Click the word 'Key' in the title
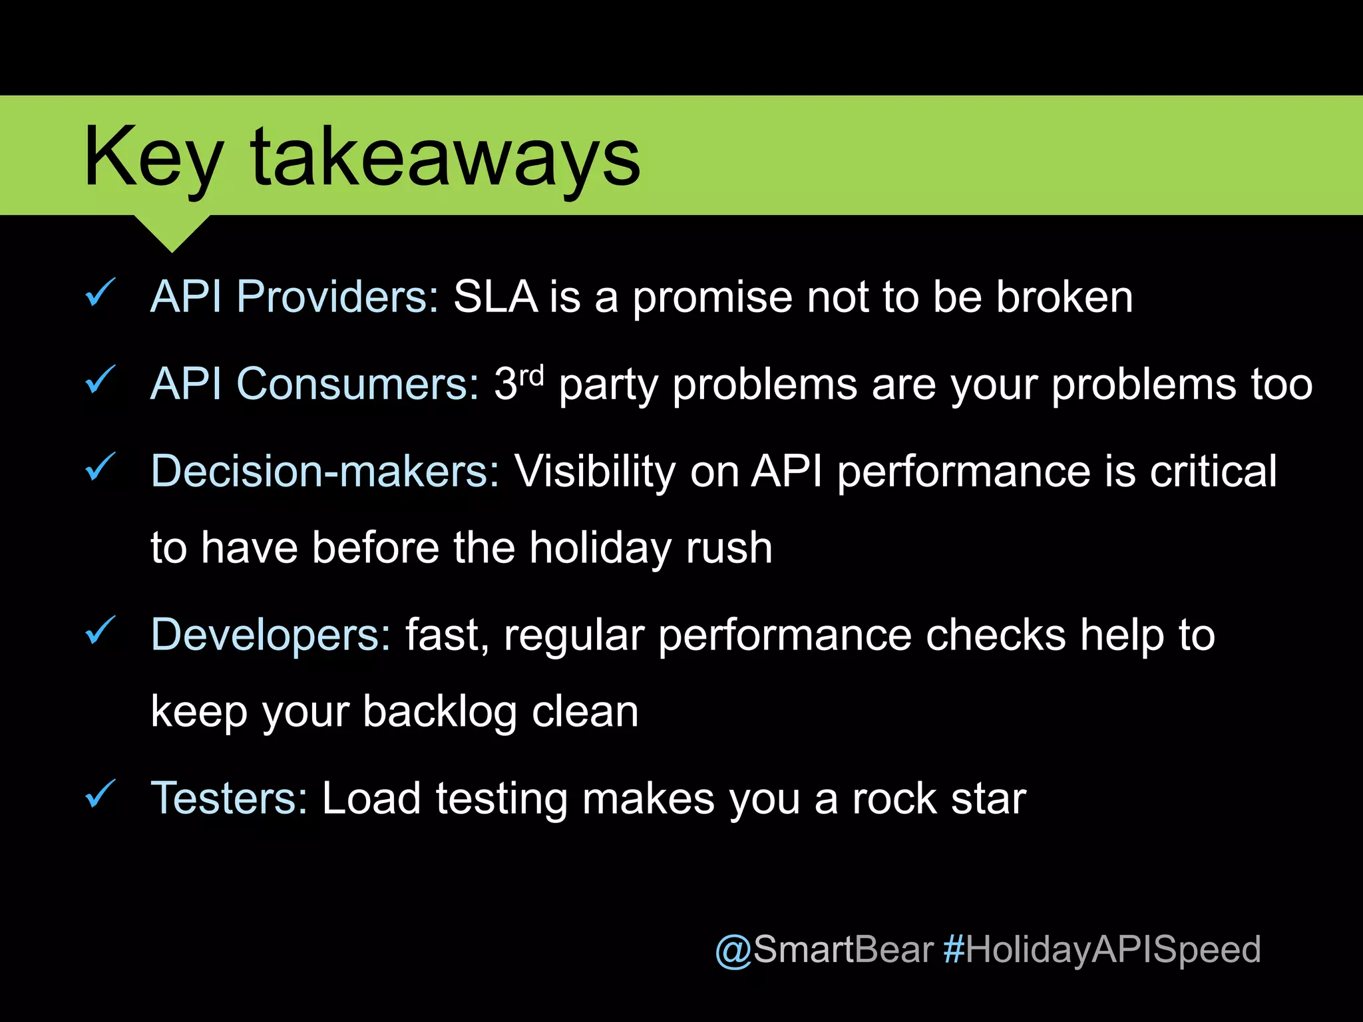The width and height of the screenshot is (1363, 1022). click(x=152, y=160)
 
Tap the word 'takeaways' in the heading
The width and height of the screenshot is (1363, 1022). click(x=445, y=160)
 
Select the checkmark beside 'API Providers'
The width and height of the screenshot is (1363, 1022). click(x=100, y=293)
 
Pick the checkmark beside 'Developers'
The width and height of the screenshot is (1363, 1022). click(x=100, y=631)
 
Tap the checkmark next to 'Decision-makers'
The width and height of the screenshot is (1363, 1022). click(x=100, y=467)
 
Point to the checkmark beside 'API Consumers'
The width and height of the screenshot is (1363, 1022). click(x=100, y=381)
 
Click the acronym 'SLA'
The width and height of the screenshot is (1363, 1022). click(x=494, y=297)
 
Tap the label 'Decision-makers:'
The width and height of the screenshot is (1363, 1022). click(x=325, y=471)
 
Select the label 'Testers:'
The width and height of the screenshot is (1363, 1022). click(x=229, y=798)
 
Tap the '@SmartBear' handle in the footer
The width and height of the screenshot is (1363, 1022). click(x=824, y=949)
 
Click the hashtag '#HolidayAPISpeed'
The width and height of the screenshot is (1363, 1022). click(x=1101, y=950)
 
